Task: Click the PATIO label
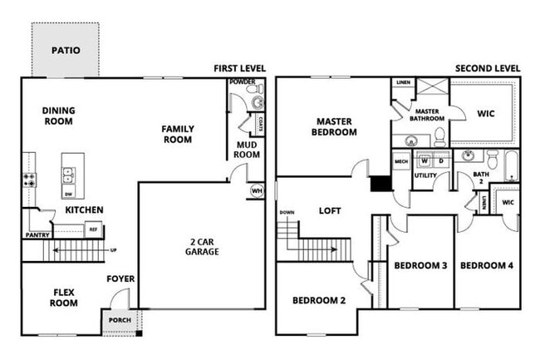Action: click(66, 50)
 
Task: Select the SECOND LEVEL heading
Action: click(488, 68)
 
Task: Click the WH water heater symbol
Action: click(257, 191)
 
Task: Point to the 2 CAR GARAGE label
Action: click(203, 246)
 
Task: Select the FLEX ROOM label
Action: click(62, 297)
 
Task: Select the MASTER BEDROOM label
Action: click(334, 126)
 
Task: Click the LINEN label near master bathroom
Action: click(402, 83)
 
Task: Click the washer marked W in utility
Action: click(424, 160)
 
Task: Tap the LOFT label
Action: click(331, 210)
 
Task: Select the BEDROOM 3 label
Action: click(420, 265)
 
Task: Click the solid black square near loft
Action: click(381, 185)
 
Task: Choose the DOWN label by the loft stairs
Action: click(287, 213)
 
